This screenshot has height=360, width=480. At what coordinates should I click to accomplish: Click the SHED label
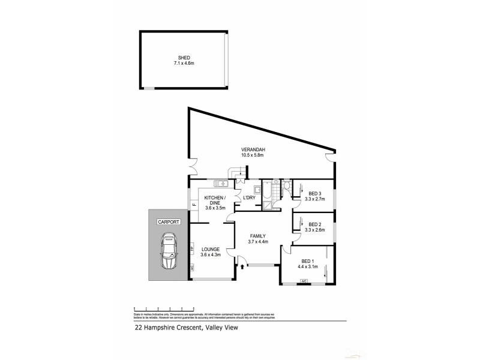[185, 58]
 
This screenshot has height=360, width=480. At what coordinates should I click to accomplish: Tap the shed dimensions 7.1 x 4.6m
[185, 63]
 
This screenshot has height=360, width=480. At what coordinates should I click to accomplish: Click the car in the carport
[169, 252]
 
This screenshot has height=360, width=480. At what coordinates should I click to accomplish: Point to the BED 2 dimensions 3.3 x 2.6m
[314, 230]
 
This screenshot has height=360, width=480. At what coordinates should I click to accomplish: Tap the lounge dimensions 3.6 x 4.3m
[211, 254]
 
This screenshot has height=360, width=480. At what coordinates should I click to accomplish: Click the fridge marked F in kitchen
[194, 206]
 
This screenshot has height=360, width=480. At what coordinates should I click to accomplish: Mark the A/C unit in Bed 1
[304, 281]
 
